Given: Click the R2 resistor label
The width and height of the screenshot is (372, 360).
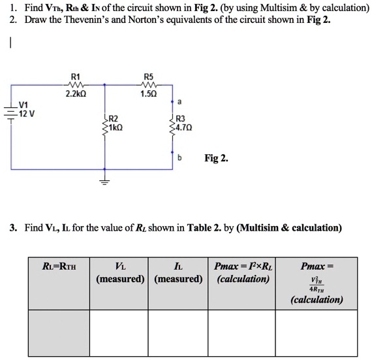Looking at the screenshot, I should pos(112,118).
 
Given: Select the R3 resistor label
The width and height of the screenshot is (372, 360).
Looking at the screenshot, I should pos(180,118).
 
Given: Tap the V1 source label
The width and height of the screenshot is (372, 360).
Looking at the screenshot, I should pos(23,105).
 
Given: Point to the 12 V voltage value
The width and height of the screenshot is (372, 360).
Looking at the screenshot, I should pos(26,113).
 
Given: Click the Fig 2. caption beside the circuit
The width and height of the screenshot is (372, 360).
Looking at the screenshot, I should pos(216,158).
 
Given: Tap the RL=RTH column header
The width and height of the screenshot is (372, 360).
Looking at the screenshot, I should pos(59,266).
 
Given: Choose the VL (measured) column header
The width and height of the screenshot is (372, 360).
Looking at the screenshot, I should pos(121,272).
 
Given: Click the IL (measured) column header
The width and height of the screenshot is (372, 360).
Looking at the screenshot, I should pos(179,272).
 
